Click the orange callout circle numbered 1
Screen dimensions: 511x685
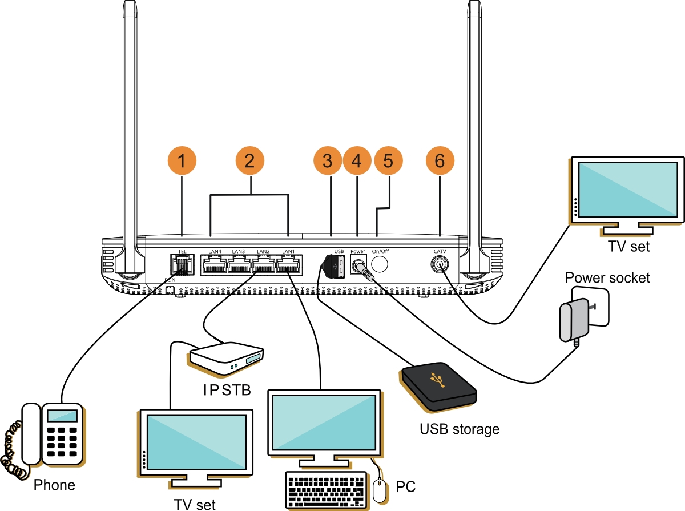click(182, 161)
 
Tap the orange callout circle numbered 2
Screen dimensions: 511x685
click(249, 161)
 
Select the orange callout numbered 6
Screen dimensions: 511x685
click(440, 161)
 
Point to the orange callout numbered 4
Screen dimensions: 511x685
click(357, 161)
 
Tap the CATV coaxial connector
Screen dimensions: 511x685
click(440, 264)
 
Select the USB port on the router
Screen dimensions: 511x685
click(337, 265)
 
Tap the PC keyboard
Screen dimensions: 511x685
click(326, 488)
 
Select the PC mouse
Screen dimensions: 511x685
click(379, 490)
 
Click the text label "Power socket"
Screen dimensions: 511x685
click(607, 278)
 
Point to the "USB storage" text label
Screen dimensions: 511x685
click(460, 429)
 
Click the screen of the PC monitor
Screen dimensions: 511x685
click(324, 421)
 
